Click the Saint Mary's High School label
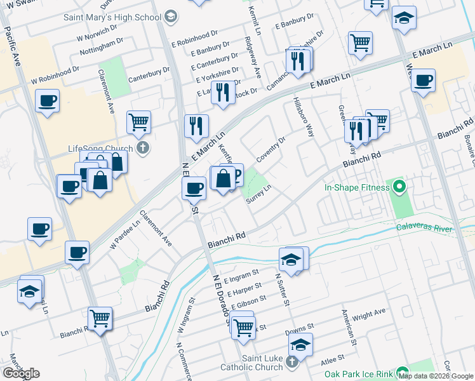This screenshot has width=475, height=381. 112,17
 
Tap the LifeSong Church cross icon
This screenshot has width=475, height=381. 144,149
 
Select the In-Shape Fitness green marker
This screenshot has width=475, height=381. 399,187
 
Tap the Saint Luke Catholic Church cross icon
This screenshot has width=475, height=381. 291,363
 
